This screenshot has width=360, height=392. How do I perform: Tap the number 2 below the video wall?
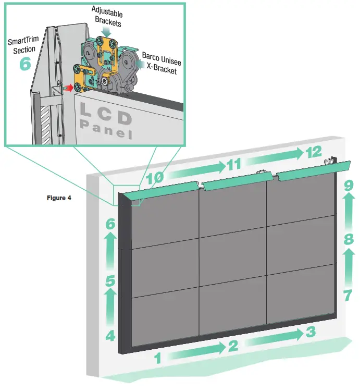(233, 345)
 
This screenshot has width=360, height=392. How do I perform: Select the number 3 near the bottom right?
(311, 332)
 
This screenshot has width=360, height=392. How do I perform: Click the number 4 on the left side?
(110, 336)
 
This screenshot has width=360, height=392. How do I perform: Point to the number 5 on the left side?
(110, 281)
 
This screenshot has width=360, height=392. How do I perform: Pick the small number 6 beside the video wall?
(110, 225)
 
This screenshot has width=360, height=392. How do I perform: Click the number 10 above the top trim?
(155, 178)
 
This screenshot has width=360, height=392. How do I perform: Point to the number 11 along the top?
(233, 166)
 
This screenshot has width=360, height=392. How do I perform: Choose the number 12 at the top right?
(314, 152)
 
